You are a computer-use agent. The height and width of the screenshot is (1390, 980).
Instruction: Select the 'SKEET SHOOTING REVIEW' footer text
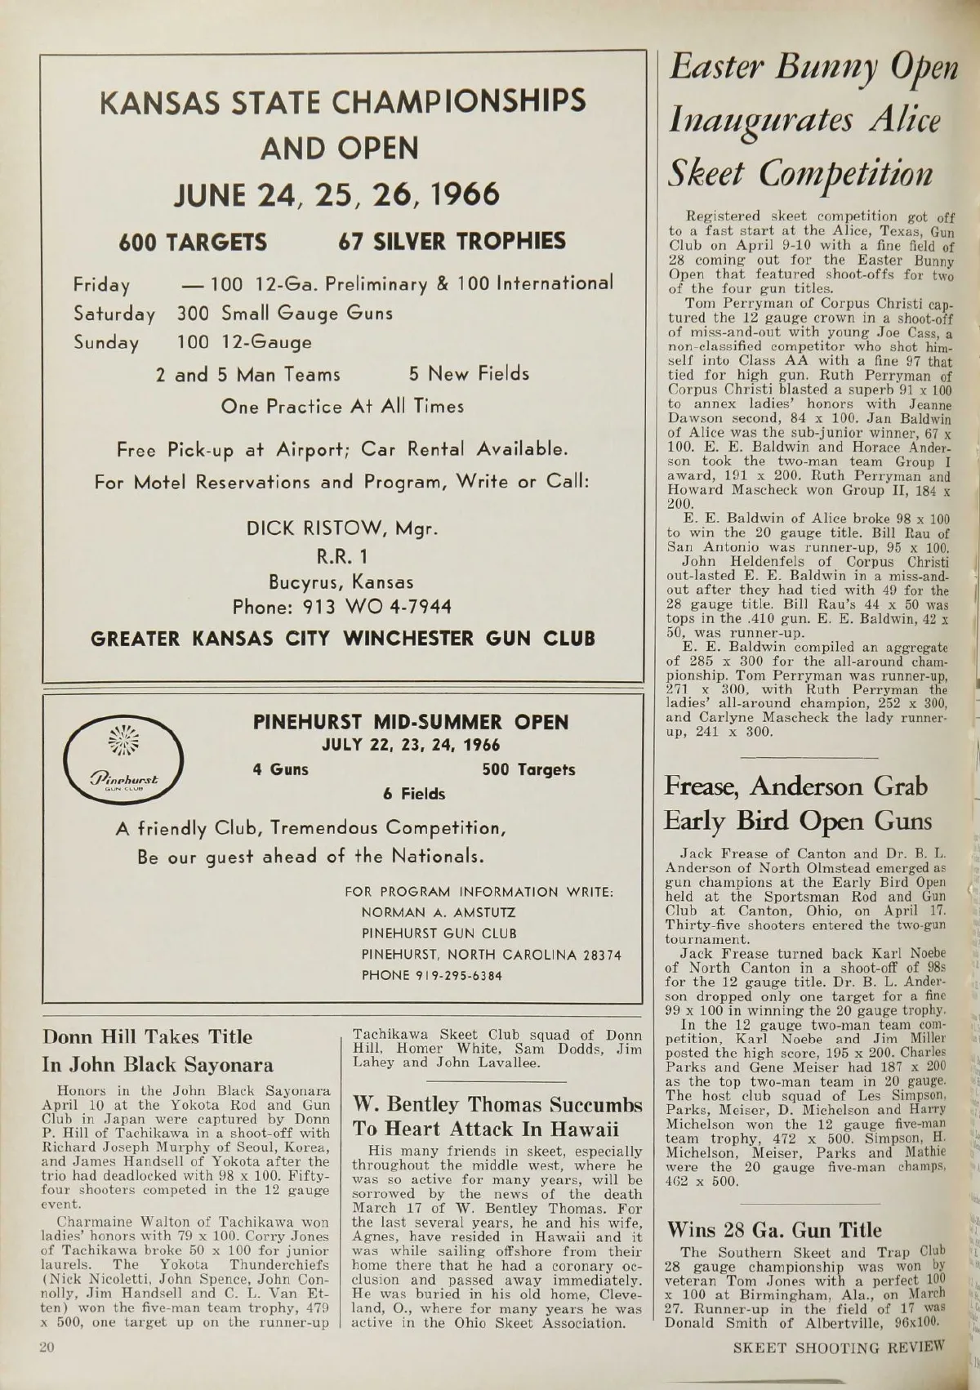838,1347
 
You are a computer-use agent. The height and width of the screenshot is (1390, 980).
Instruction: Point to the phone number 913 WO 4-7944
341,608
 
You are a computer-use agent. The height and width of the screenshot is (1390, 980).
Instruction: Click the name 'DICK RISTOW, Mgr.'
342,528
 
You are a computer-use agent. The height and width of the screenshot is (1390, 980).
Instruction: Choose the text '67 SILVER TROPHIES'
452,241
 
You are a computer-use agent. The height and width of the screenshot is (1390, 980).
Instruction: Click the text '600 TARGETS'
193,242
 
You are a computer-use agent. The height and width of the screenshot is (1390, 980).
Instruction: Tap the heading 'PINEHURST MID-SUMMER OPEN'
411,722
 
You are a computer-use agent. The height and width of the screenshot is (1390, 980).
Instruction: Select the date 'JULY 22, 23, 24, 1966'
411,746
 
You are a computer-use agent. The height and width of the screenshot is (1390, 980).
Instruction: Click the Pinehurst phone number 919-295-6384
431,975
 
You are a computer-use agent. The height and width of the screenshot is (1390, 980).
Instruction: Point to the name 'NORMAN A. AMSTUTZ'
439,912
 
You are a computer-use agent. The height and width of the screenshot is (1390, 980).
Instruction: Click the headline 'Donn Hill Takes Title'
147,1037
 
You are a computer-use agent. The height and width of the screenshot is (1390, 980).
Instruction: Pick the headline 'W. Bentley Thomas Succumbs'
497,1105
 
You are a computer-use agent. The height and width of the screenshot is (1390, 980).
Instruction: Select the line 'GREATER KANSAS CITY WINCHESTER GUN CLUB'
343,638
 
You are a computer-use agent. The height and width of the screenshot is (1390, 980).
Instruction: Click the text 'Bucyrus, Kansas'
341,582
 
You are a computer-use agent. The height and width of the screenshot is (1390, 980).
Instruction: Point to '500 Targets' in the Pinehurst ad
528,769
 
